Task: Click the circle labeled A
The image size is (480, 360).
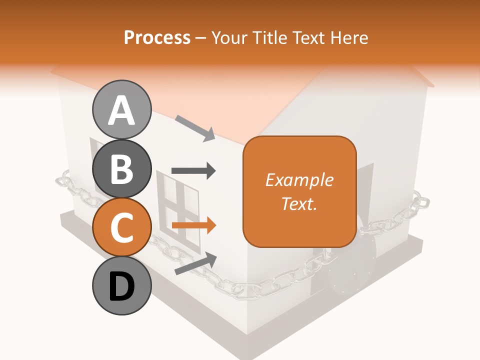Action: [x=121, y=109]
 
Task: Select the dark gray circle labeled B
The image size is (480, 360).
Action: [x=121, y=168]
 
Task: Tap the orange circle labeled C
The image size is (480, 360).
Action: [x=121, y=227]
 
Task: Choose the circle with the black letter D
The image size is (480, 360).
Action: [x=121, y=286]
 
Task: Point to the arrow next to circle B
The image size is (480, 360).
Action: [x=193, y=171]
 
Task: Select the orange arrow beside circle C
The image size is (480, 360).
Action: [x=193, y=225]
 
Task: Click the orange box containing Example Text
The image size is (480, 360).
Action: [x=299, y=191]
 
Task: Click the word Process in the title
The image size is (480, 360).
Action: [x=157, y=37]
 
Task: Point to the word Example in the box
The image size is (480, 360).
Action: [x=299, y=180]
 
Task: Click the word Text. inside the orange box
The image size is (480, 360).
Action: [x=299, y=203]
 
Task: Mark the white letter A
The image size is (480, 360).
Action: [x=121, y=110]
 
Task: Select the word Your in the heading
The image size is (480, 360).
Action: [x=229, y=37]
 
